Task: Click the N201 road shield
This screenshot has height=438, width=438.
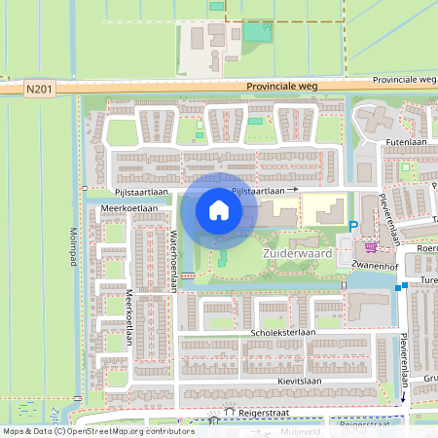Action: tap(40, 90)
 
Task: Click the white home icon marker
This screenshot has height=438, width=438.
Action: tap(219, 210)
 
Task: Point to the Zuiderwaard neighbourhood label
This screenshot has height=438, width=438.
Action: tap(298, 253)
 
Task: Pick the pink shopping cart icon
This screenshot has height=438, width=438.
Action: tap(371, 247)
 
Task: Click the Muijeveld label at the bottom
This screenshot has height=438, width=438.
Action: tap(301, 429)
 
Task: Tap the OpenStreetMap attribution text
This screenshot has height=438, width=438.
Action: tap(97, 430)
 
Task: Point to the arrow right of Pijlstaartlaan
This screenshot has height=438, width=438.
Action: tap(292, 192)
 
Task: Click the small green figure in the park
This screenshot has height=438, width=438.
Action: tap(220, 259)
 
